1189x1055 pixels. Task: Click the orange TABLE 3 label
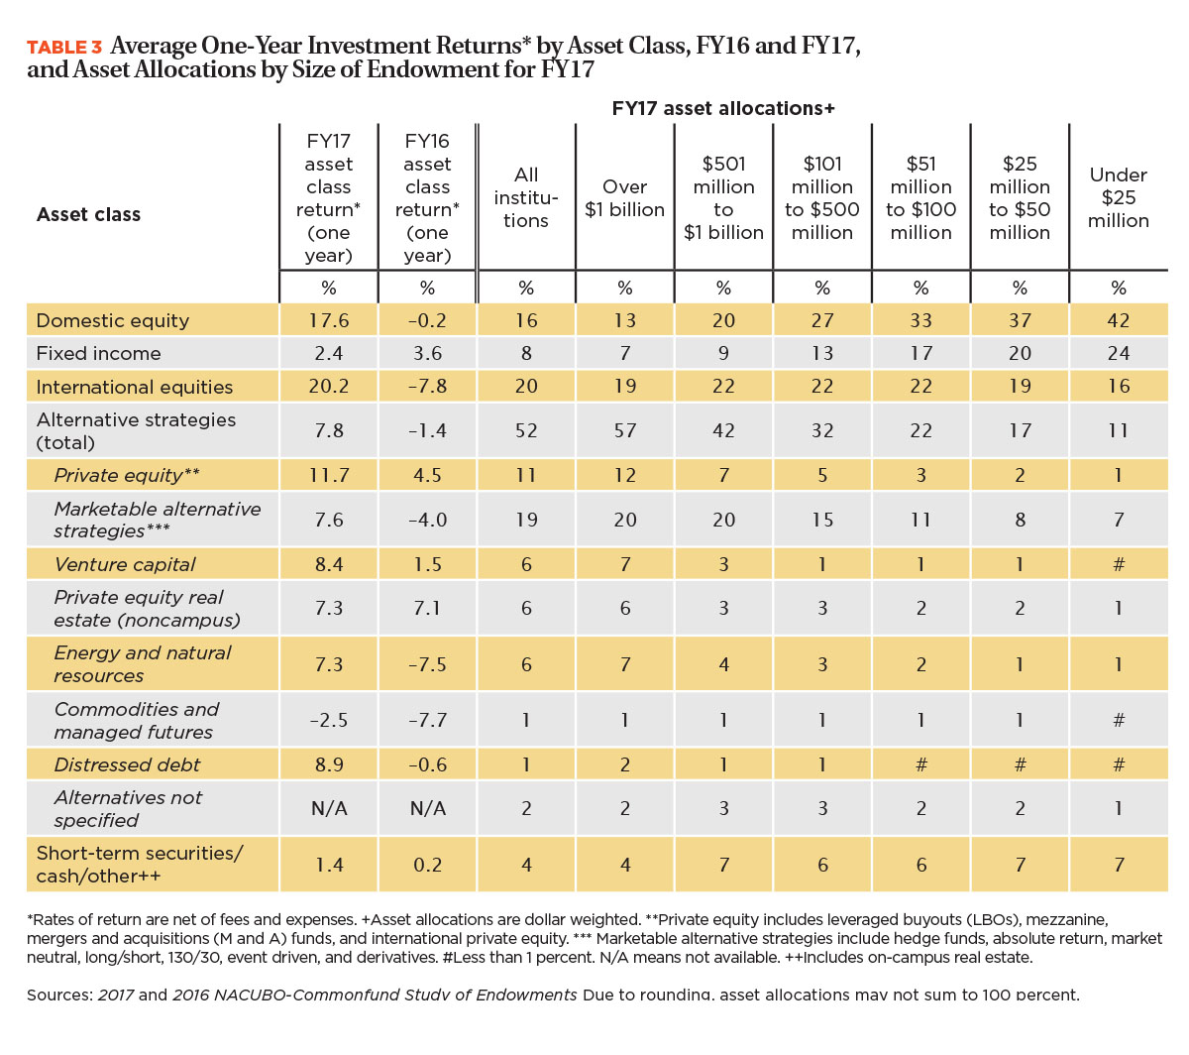point(64,47)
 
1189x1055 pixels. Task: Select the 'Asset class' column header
point(88,214)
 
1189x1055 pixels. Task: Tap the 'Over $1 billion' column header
point(624,198)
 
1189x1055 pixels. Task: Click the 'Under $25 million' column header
point(1118,197)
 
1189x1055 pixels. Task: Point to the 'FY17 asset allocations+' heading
point(723,108)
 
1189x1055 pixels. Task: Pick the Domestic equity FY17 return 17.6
point(329,320)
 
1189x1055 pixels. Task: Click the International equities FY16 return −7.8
point(427,386)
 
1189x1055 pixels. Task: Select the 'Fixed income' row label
point(99,353)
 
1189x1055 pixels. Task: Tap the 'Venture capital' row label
point(125,564)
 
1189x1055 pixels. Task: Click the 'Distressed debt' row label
point(127,764)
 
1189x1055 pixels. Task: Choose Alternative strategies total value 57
point(624,430)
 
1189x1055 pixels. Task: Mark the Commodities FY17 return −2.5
point(329,720)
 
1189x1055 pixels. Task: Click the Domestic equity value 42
point(1118,320)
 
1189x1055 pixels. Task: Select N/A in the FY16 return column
point(427,808)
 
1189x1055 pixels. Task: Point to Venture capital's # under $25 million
point(1119,564)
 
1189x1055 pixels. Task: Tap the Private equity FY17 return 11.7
point(329,475)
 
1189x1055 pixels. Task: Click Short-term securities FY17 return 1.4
point(329,864)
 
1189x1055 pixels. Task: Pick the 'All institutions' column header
point(526,197)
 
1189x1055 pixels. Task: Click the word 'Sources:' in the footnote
point(59,995)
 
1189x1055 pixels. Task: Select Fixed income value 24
point(1118,353)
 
